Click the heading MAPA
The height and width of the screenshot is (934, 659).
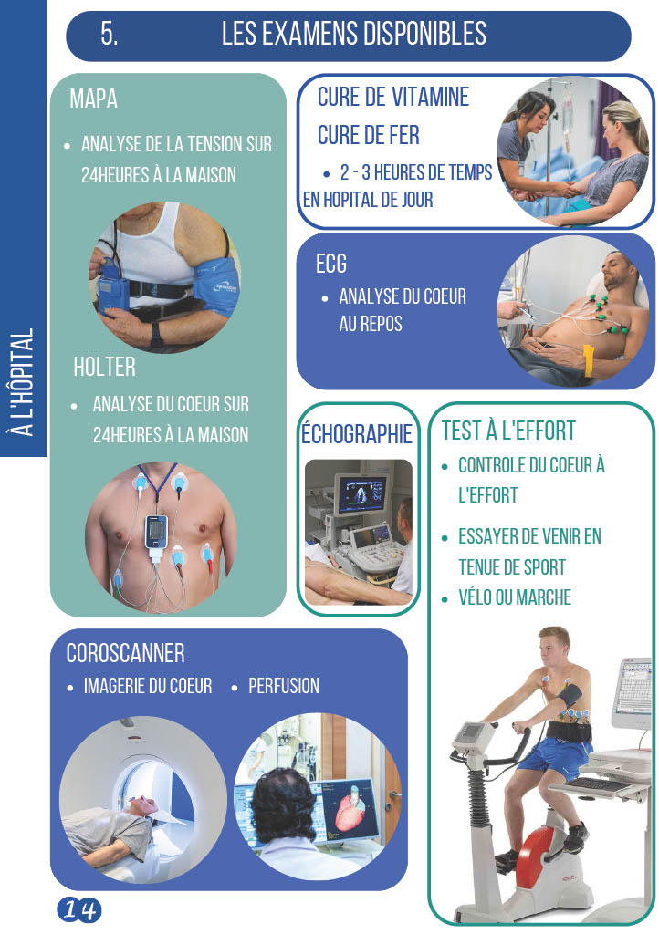93,99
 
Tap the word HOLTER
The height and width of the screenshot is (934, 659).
104,367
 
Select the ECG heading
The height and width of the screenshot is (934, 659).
331,264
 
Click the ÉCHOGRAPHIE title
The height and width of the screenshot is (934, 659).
356,433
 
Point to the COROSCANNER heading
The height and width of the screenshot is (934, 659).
125,653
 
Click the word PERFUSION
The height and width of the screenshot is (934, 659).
284,686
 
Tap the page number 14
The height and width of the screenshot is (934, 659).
79,909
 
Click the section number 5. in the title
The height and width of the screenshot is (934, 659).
109,34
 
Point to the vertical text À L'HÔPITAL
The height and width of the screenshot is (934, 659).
23,382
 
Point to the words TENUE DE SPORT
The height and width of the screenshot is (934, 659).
512,567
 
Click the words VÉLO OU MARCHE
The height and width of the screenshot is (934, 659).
515,597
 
